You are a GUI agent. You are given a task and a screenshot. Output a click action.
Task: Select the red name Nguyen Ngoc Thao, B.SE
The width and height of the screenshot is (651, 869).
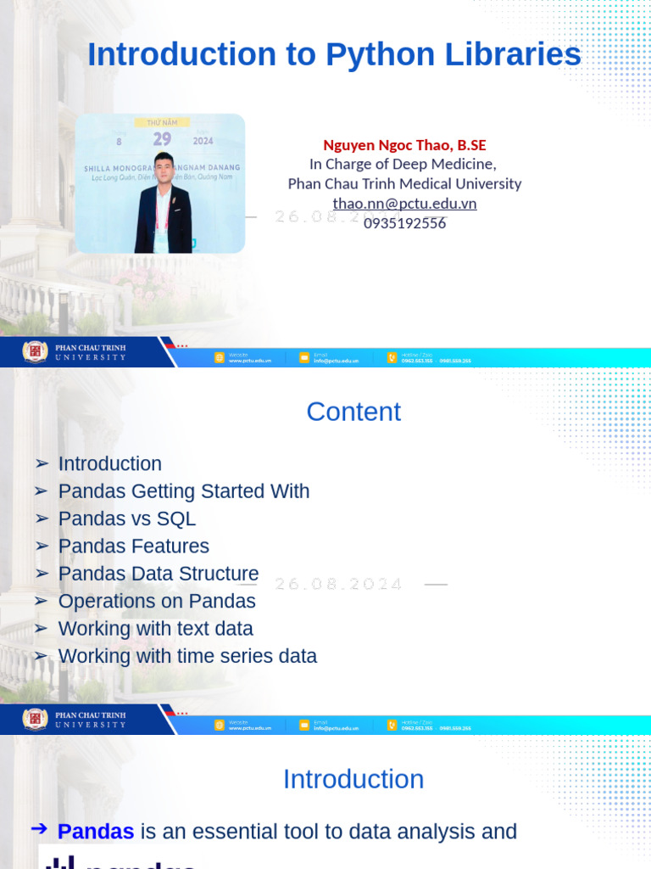click(x=404, y=145)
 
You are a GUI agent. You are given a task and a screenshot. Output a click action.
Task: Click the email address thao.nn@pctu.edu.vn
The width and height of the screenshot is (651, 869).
click(x=404, y=204)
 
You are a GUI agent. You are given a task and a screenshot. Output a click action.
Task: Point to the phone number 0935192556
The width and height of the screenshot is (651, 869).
click(x=404, y=223)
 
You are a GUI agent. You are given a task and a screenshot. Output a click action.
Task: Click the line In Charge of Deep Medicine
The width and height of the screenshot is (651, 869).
click(x=403, y=164)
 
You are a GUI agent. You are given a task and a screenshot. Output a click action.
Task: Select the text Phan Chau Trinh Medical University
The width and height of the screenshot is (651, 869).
click(x=404, y=183)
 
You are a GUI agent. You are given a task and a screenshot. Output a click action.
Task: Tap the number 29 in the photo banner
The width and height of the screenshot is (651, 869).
click(x=162, y=139)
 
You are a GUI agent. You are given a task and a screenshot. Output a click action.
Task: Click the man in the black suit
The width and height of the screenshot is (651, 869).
click(x=164, y=206)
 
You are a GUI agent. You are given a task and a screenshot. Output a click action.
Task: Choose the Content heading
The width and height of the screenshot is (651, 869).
click(x=353, y=412)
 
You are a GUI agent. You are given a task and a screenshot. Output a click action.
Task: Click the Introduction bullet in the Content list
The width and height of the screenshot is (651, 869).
click(x=109, y=464)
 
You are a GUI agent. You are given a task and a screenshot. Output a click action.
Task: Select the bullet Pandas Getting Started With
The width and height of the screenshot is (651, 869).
click(x=183, y=491)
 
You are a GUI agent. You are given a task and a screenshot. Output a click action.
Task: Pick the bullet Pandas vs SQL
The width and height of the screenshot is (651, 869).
click(x=126, y=519)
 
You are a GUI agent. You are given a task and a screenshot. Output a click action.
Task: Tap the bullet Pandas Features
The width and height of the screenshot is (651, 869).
click(x=133, y=547)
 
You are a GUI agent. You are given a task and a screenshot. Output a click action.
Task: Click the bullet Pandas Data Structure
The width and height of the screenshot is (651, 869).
click(x=158, y=574)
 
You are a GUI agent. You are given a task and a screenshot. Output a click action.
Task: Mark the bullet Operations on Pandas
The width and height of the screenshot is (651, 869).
click(x=157, y=601)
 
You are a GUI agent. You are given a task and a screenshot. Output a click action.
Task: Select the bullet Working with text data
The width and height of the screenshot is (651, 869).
click(x=155, y=629)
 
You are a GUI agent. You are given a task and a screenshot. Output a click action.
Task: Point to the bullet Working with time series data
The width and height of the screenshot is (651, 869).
click(x=187, y=656)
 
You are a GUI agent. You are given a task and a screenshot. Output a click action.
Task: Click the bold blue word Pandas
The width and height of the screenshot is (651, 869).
click(x=96, y=832)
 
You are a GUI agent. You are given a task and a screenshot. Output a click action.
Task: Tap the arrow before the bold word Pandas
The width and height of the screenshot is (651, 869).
click(x=39, y=830)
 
